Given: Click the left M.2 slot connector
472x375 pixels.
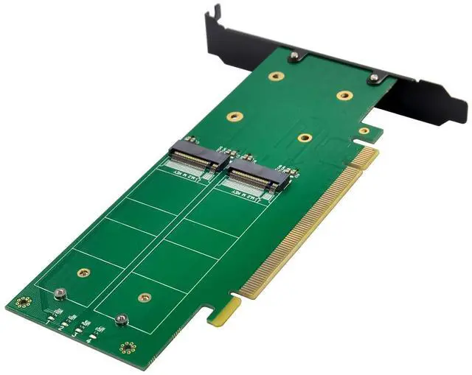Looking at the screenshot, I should pos(195,155).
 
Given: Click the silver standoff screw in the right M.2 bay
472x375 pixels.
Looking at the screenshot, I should pos(122,319).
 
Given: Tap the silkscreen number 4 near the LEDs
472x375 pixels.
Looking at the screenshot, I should pos(88,340).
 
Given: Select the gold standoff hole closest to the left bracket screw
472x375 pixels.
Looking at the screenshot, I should pos(275,75).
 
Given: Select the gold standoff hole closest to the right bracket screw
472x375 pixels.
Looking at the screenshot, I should pos(344,95).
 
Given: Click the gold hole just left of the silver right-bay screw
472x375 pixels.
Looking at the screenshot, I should pos(144,298).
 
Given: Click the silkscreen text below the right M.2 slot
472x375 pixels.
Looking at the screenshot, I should pos(242,193).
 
